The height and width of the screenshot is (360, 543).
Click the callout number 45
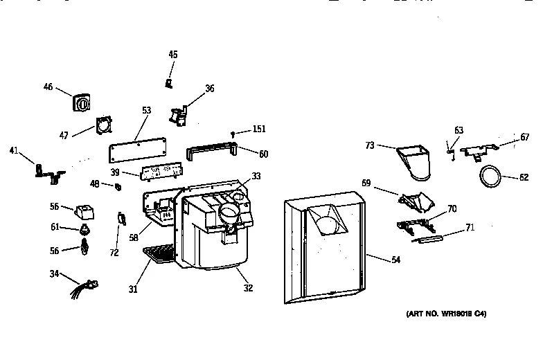click(172, 54)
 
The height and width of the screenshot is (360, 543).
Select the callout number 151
click(258, 129)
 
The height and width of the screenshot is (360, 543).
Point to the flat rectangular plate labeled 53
click(139, 149)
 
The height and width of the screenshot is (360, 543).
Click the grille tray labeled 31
click(160, 255)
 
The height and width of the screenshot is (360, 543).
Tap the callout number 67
click(524, 138)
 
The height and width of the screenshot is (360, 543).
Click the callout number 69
click(366, 183)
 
